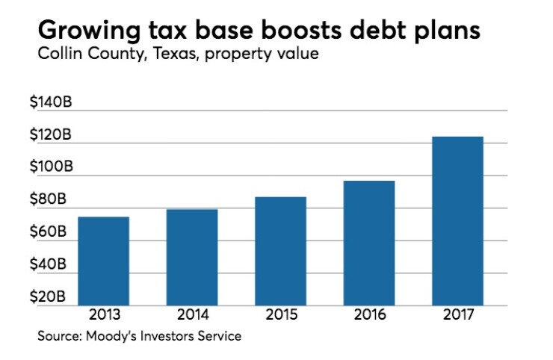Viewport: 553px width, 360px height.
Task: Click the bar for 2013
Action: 103,261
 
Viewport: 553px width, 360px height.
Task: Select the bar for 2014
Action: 192,257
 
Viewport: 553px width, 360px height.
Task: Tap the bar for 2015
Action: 280,251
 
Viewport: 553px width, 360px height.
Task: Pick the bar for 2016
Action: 368,243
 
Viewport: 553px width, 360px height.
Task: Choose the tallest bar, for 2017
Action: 457,221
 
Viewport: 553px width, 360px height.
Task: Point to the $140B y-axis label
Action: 51,103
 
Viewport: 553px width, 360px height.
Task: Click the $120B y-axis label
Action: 51,135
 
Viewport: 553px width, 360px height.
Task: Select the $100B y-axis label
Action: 51,167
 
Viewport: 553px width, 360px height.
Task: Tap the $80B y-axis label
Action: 48,199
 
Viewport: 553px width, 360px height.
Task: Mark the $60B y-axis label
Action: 48,232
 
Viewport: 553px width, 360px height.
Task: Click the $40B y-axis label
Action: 48,264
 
